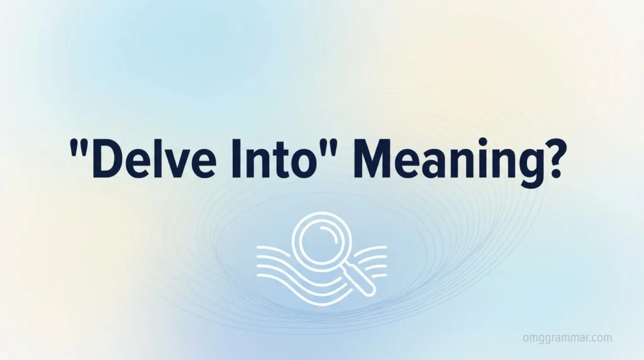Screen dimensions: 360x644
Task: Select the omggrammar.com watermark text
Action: pyautogui.click(x=567, y=338)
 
